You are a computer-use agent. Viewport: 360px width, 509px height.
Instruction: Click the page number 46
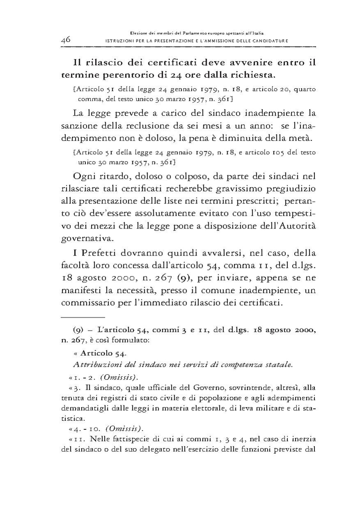tap(66, 40)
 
